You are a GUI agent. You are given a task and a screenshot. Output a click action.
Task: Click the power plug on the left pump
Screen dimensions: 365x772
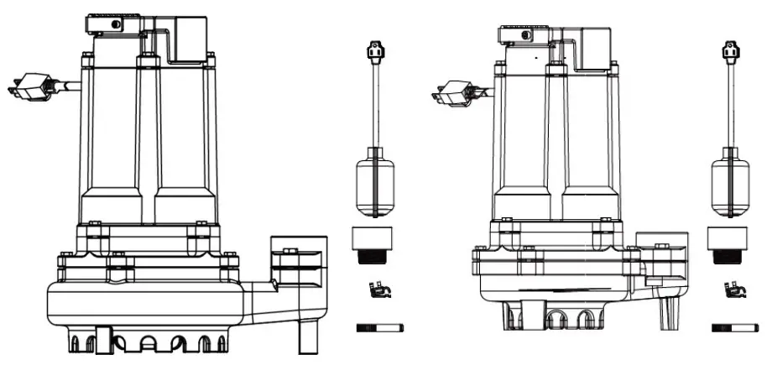[x=29, y=85]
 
